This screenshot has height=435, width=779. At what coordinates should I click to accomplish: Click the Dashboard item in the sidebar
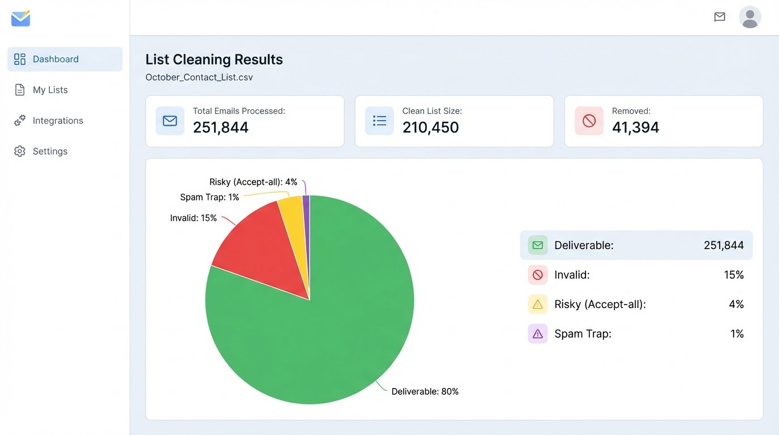coord(55,59)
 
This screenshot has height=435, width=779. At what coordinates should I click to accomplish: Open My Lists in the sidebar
coord(50,90)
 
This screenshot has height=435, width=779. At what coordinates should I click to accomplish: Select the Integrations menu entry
coord(57,121)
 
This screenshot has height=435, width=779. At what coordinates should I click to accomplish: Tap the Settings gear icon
coord(20,151)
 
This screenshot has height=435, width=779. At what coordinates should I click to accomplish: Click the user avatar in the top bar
coord(750,17)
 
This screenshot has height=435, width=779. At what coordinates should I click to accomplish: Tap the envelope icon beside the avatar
coord(720,17)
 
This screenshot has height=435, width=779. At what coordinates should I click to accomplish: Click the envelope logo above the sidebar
coord(21,19)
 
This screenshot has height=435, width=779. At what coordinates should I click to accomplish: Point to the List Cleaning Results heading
coord(214,59)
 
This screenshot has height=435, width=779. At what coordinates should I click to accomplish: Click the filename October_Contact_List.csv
coord(199,77)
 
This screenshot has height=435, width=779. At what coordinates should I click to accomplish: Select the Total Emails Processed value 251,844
coord(221,127)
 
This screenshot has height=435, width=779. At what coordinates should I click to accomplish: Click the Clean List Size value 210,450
coord(430,127)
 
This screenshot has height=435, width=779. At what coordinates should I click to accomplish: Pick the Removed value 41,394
coord(635,127)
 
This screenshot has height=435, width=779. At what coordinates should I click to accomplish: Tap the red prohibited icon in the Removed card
coord(589,121)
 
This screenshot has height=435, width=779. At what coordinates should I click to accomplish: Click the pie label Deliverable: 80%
coord(425,391)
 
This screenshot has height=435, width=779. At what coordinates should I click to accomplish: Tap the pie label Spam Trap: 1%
coord(209,197)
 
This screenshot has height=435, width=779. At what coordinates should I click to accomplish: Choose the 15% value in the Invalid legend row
coord(733,275)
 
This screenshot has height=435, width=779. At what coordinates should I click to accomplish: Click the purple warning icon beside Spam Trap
coord(537,334)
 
